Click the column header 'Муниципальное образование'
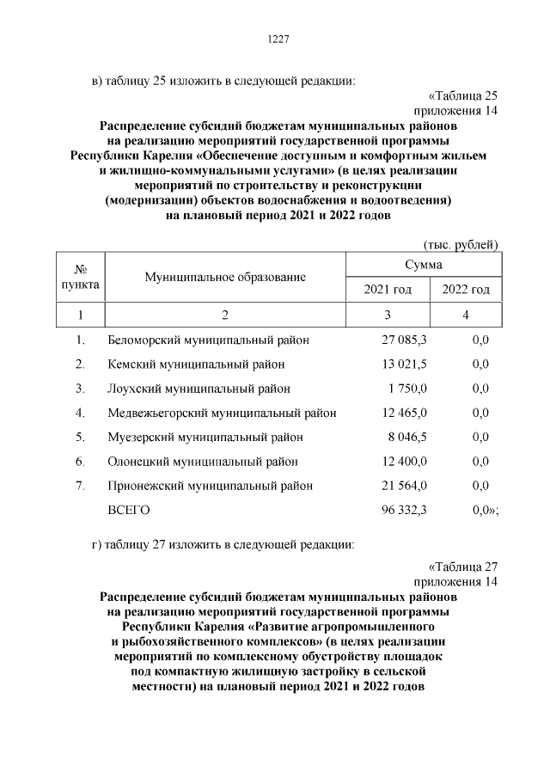[225, 277]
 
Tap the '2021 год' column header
[388, 290]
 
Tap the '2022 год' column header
[465, 290]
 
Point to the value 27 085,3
[404, 340]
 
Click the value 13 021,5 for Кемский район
[404, 364]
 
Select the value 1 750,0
[407, 389]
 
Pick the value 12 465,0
[404, 413]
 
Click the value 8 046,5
[407, 437]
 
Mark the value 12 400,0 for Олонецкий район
[404, 462]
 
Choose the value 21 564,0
[404, 486]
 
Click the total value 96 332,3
[404, 511]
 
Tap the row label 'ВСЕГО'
[128, 511]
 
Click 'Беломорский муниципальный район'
[208, 340]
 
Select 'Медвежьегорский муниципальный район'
[222, 413]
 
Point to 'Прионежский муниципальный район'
[210, 486]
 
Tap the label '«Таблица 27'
[462, 566]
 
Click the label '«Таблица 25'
[462, 95]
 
